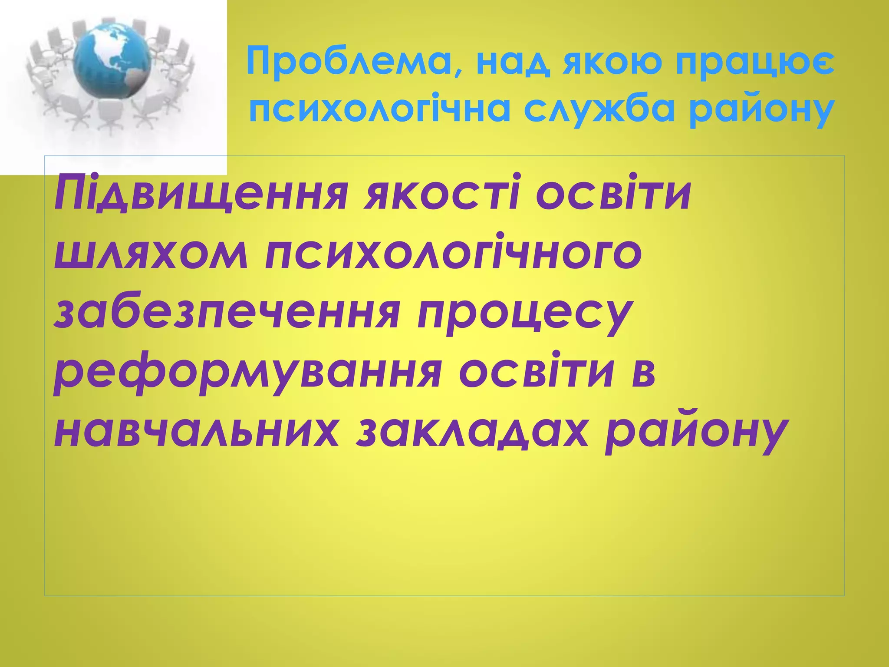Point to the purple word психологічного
pyautogui.click(x=453, y=254)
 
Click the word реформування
pyautogui.click(x=248, y=374)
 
